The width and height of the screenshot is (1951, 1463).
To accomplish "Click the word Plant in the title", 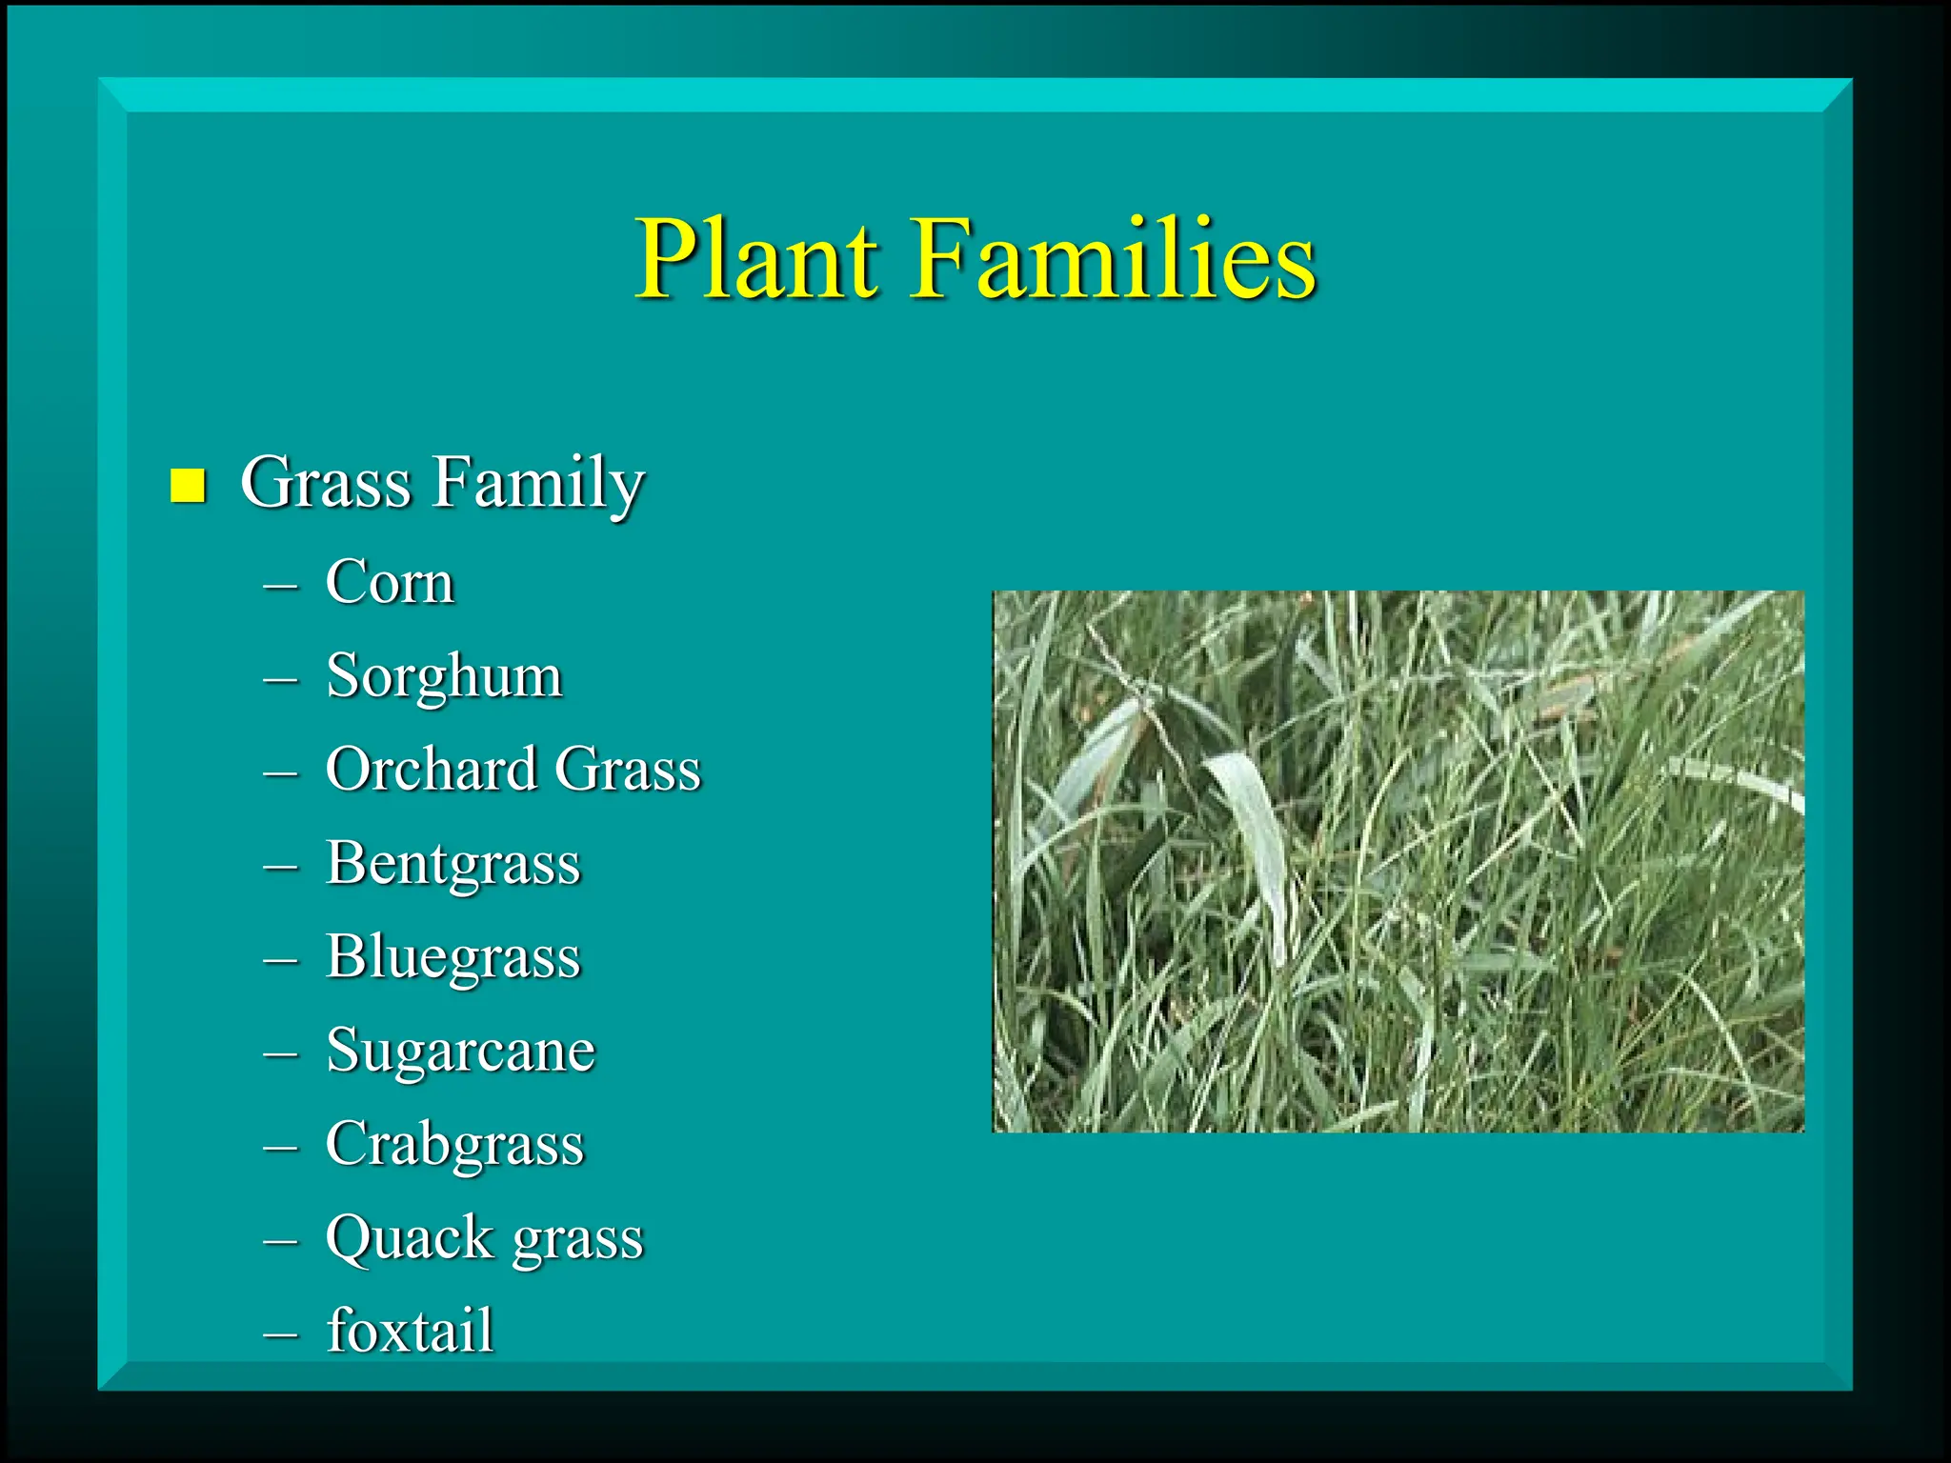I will (758, 259).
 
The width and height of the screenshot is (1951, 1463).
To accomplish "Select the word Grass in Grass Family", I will (326, 483).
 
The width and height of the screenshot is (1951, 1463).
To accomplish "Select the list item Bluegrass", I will (453, 957).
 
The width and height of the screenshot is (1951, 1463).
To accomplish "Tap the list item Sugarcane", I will (460, 1051).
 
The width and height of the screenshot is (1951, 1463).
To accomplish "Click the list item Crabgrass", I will (454, 1144).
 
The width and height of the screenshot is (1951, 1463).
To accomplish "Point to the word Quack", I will (410, 1239).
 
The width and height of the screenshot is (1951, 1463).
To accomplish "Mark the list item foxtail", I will (410, 1330).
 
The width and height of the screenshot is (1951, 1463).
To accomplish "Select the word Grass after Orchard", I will (628, 769).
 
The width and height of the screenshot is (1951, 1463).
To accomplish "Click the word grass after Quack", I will (577, 1241).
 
